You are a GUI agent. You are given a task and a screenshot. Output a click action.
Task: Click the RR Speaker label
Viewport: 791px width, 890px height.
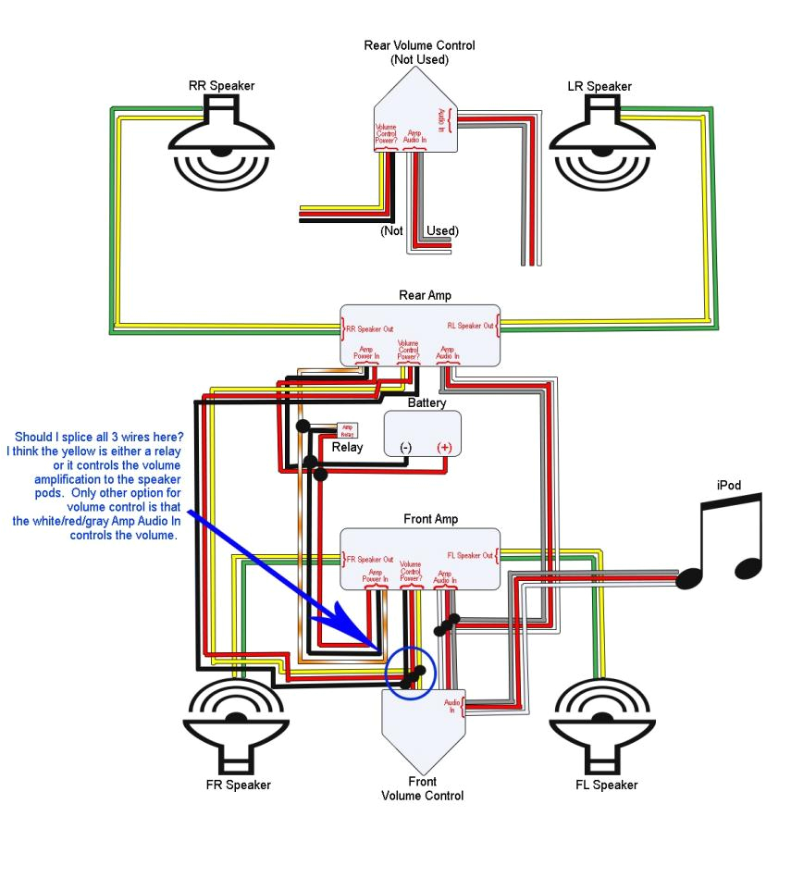tap(221, 86)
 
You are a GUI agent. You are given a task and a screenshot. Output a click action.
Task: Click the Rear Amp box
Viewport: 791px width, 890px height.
tap(419, 334)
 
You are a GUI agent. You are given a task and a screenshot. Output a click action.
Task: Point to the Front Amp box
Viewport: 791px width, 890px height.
tap(419, 559)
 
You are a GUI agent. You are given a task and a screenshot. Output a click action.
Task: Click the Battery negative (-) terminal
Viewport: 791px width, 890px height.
tap(405, 448)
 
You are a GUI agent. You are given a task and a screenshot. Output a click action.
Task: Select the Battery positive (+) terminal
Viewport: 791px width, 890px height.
tap(444, 448)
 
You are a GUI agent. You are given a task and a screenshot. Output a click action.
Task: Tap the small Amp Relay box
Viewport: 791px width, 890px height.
tap(347, 430)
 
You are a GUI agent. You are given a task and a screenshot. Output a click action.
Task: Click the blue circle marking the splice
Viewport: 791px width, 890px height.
tap(411, 674)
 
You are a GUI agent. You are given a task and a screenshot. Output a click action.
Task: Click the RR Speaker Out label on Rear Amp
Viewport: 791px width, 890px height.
tap(368, 328)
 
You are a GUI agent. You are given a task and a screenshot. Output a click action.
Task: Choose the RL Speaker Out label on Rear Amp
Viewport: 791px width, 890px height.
tap(471, 326)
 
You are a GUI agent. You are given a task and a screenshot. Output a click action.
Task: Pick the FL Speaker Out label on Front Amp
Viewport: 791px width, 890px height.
tap(471, 556)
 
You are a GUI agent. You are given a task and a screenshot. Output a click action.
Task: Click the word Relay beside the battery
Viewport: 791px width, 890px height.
tap(348, 448)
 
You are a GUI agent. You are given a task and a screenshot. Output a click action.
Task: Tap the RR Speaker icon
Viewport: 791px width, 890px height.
tap(222, 139)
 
